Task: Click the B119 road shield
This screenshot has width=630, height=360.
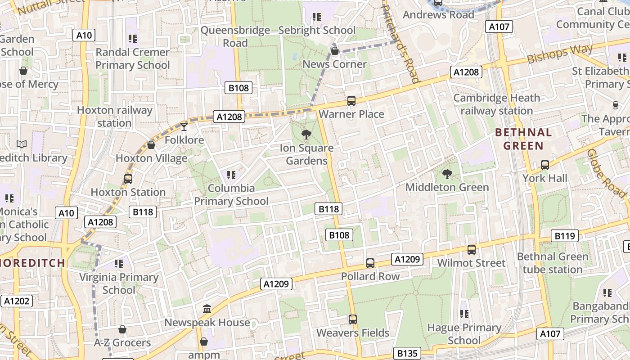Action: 565,236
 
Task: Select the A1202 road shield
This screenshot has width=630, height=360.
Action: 17,301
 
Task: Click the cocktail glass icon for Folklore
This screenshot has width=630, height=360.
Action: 184,126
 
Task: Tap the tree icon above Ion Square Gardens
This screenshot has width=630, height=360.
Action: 306,134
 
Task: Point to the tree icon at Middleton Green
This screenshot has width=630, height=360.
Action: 447,174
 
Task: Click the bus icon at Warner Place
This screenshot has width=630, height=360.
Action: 351,101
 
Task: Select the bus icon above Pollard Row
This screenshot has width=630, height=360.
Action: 370,263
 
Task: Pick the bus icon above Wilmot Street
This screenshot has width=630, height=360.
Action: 471,249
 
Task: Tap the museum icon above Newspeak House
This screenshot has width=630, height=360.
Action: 207,309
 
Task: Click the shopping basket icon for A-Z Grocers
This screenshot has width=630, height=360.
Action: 122,329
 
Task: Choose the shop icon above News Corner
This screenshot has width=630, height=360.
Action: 334,51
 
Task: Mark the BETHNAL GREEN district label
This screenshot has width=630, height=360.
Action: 523,139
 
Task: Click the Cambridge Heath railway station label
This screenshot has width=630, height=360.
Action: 496,104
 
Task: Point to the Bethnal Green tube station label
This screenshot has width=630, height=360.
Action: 553,263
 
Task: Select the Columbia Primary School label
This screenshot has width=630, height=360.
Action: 231,194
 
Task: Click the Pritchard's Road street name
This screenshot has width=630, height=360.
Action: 400,43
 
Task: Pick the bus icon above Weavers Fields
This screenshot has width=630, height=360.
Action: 352,319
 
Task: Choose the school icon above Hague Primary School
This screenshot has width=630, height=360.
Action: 464,314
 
